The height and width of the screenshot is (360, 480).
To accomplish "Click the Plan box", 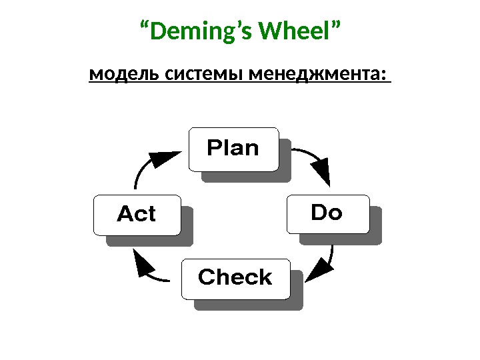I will pyautogui.click(x=233, y=149).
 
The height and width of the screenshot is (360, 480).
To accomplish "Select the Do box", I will pyautogui.click(x=327, y=213).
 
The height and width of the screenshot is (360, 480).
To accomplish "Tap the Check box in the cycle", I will pyautogui.click(x=235, y=277).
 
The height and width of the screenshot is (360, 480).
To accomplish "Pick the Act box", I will pyautogui.click(x=137, y=215).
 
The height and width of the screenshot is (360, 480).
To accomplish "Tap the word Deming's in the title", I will pyautogui.click(x=203, y=31).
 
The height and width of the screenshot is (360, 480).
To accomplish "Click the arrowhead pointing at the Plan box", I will pyautogui.click(x=163, y=159).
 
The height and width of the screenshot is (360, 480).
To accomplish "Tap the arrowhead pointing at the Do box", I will pyautogui.click(x=323, y=174).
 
